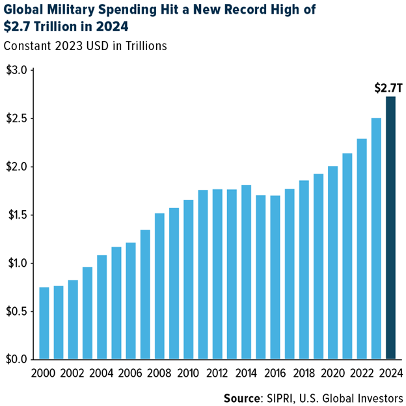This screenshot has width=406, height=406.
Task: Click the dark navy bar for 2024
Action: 390,228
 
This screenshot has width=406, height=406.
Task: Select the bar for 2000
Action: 44,323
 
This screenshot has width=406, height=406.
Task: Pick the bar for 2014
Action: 246,272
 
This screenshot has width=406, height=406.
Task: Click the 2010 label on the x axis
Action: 188,373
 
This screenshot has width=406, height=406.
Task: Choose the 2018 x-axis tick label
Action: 304,373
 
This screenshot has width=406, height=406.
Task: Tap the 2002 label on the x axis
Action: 73,373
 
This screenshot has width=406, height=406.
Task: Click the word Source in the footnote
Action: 242,398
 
